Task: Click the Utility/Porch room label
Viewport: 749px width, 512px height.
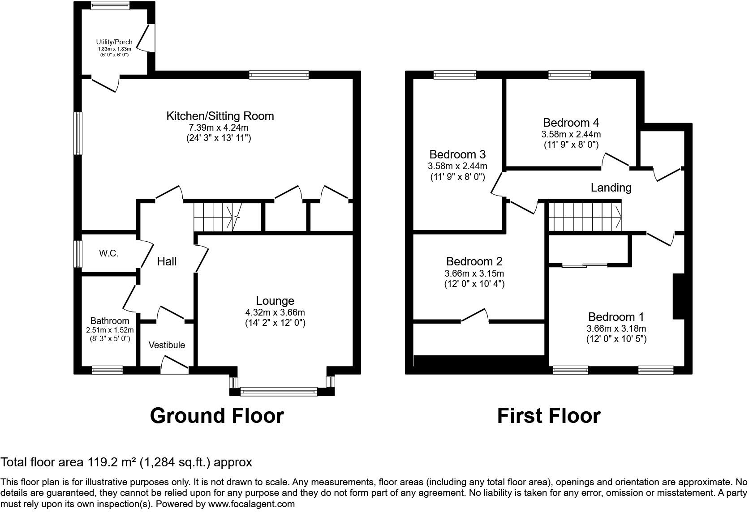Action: click(x=114, y=42)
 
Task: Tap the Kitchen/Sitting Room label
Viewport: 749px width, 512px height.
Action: click(x=220, y=116)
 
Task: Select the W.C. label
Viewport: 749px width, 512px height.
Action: click(x=108, y=254)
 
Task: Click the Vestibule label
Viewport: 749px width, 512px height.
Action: click(x=167, y=345)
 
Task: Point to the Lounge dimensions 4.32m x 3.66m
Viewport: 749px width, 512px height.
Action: click(x=275, y=312)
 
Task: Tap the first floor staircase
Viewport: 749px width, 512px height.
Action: click(x=585, y=217)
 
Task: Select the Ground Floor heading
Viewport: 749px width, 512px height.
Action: click(x=217, y=416)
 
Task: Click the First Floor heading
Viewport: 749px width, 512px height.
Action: click(x=548, y=416)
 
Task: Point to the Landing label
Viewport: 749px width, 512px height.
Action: click(x=611, y=188)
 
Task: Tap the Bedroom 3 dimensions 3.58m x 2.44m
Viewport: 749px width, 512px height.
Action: click(x=457, y=166)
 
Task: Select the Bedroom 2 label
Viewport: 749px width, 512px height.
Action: click(x=474, y=261)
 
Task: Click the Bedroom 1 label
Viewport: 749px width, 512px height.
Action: click(x=616, y=317)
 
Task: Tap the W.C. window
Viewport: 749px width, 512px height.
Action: click(x=78, y=254)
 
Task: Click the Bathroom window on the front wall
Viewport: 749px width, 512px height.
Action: click(x=107, y=370)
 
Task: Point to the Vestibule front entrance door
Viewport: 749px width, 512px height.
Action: click(x=174, y=365)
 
